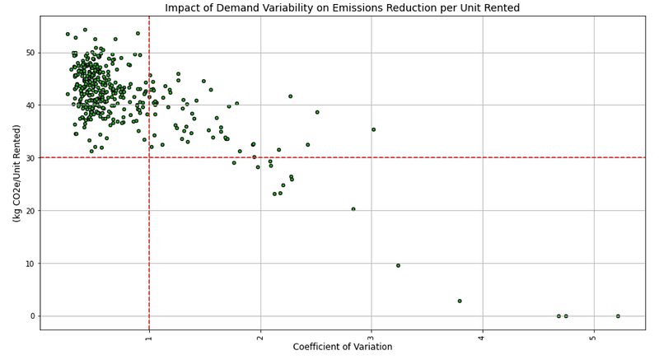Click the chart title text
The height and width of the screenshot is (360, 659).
point(342,8)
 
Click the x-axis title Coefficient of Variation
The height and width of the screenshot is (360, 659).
point(342,348)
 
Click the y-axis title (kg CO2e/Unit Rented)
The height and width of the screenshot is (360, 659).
point(16,173)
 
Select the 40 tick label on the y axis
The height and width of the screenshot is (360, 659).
point(30,105)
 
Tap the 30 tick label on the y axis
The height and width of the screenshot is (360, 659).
point(30,158)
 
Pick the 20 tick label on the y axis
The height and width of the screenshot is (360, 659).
point(30,211)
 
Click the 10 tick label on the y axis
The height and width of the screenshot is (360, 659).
point(30,264)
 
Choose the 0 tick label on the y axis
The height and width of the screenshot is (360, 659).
point(33,316)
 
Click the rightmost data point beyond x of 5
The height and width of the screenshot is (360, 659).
point(618,316)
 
